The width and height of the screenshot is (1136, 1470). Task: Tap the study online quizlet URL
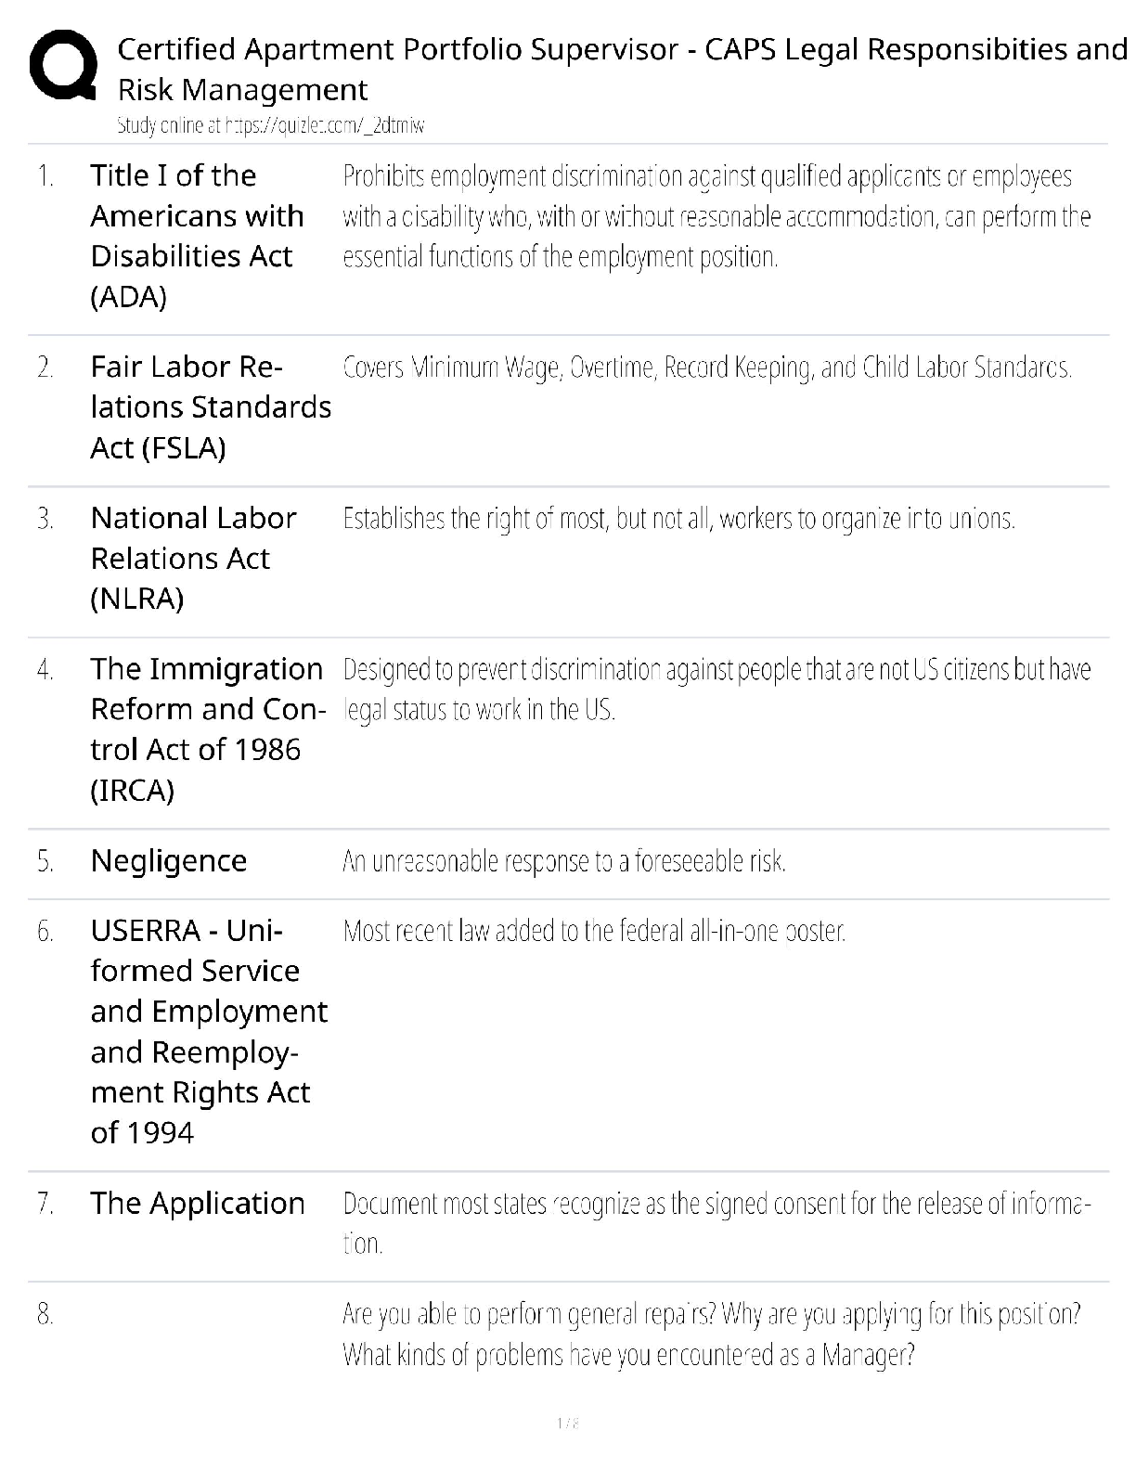(x=270, y=126)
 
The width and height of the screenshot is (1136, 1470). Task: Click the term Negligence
(x=169, y=861)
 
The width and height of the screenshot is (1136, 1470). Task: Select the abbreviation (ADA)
(x=129, y=297)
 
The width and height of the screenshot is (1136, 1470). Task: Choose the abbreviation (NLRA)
(x=137, y=600)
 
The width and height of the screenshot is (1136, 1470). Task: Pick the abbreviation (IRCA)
(x=133, y=791)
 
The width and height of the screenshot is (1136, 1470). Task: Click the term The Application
(x=198, y=1204)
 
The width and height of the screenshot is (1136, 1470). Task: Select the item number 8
(x=45, y=1314)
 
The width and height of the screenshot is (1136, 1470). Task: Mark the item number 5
(x=45, y=862)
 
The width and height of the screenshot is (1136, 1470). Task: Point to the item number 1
(x=45, y=176)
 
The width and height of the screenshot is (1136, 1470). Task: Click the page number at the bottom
(x=567, y=1423)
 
